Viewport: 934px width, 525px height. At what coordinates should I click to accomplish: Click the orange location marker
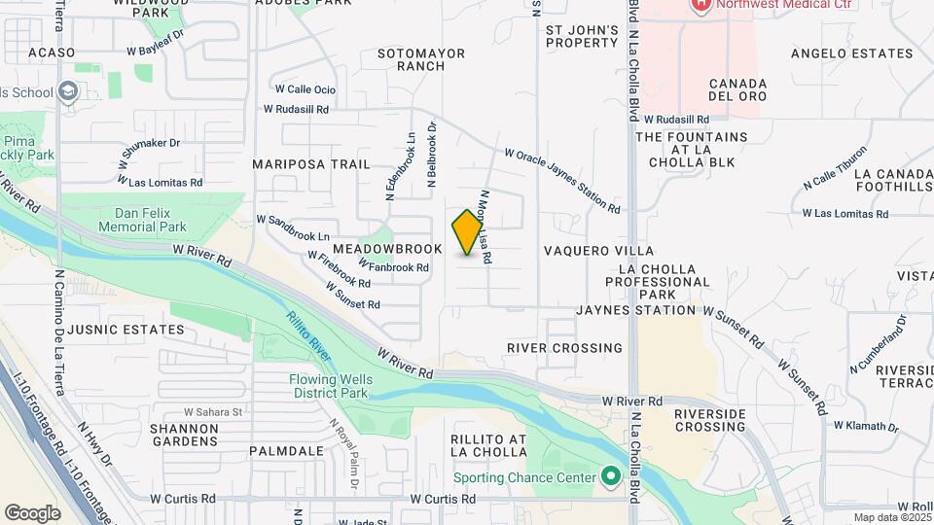(468, 232)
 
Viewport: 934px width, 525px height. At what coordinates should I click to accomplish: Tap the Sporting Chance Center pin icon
(611, 477)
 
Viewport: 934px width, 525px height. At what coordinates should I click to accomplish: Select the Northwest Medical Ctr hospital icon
(700, 5)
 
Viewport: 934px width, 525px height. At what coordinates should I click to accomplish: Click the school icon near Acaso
(68, 92)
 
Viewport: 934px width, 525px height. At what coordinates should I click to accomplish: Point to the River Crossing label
(564, 347)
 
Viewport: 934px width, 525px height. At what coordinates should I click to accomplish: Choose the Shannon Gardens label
(184, 434)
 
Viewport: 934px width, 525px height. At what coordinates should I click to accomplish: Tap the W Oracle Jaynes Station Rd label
(562, 180)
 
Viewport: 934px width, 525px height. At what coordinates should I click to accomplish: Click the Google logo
(32, 512)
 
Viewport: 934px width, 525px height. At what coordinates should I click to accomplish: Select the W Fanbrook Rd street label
(394, 265)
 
